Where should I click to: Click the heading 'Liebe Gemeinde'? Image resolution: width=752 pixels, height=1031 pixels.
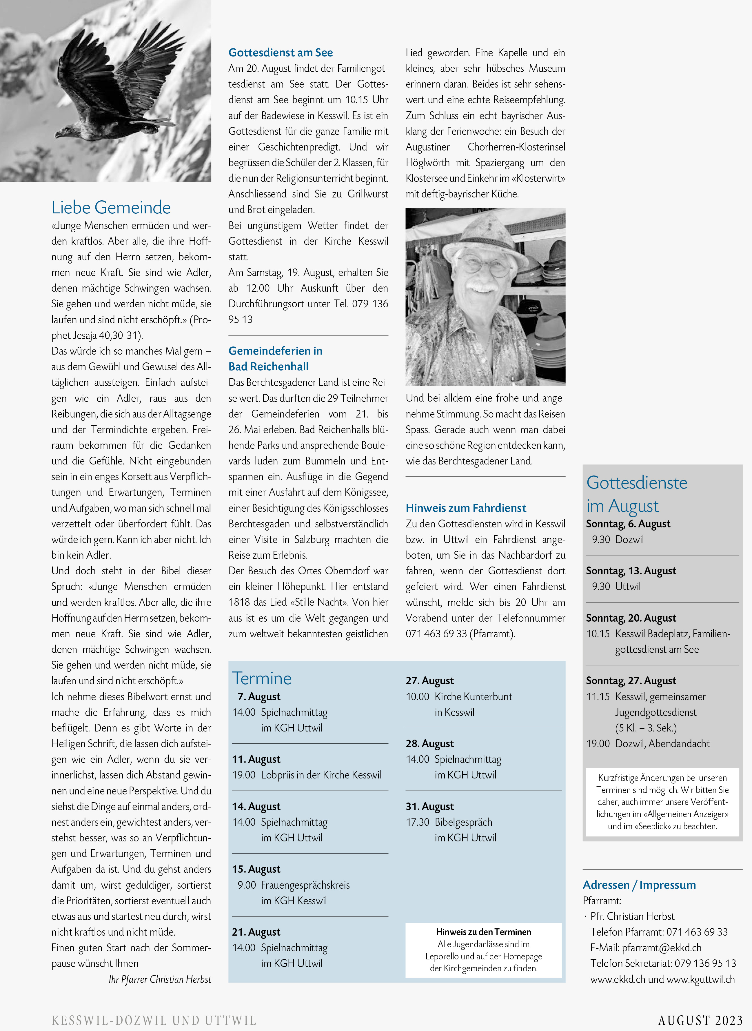pyautogui.click(x=111, y=208)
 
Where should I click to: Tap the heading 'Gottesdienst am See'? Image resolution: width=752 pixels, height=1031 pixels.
pyautogui.click(x=281, y=53)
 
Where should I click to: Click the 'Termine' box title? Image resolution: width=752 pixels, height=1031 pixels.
pyautogui.click(x=262, y=678)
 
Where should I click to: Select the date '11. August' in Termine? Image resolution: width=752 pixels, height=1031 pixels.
pyautogui.click(x=256, y=759)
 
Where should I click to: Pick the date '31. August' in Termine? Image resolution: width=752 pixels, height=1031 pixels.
pyautogui.click(x=430, y=807)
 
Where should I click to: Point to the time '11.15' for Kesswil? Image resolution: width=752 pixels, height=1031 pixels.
pyautogui.click(x=598, y=697)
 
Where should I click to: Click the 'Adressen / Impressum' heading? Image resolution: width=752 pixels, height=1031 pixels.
pyautogui.click(x=639, y=885)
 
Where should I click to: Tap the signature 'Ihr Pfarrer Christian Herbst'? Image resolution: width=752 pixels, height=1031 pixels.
pyautogui.click(x=160, y=979)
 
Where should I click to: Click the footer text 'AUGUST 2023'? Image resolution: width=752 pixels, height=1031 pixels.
pyautogui.click(x=700, y=1020)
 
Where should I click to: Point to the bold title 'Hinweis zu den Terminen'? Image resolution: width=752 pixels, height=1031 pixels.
pyautogui.click(x=483, y=932)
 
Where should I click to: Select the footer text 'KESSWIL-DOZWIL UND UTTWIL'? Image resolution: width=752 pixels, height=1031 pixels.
pyautogui.click(x=154, y=1020)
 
